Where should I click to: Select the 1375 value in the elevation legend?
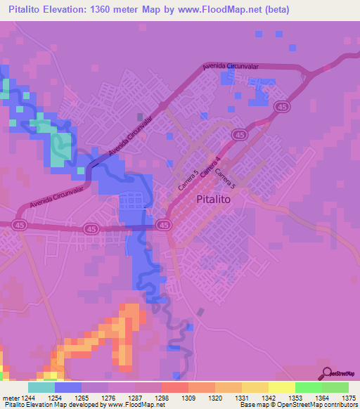348,397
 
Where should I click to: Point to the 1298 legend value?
161,397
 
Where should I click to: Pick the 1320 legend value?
214,397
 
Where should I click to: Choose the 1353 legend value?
295,397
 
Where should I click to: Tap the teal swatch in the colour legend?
41,387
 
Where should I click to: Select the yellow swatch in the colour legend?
281,387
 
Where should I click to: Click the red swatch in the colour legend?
174,387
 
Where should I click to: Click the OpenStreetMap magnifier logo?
326,373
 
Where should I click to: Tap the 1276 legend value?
108,397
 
